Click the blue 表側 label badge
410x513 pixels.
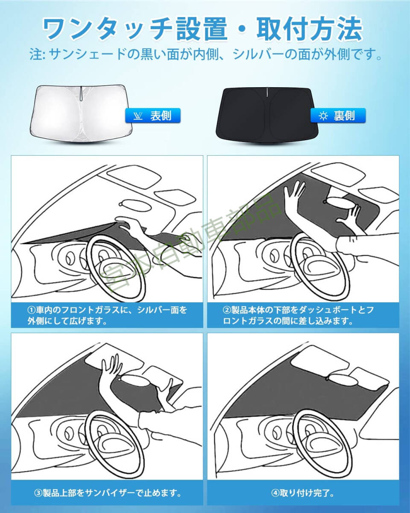click(153, 115)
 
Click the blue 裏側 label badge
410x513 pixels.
click(337, 115)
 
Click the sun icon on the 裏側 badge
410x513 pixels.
click(323, 116)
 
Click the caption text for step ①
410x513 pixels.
click(107, 315)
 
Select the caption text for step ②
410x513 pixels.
click(298, 315)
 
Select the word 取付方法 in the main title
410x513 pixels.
click(309, 29)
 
